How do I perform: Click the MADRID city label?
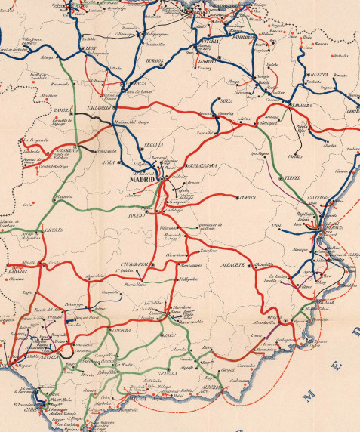(x=141, y=181)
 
